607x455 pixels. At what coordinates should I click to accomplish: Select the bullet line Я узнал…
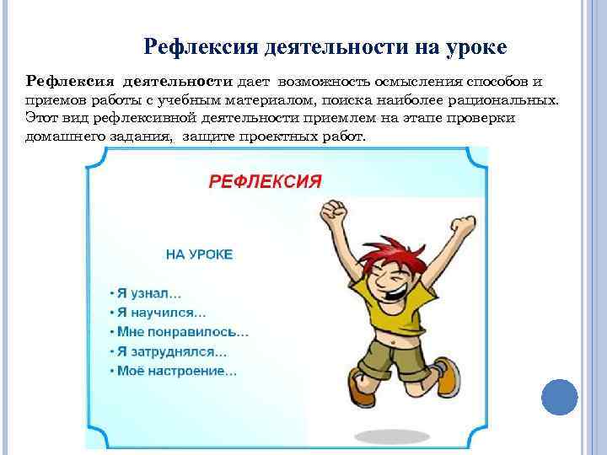point(146,293)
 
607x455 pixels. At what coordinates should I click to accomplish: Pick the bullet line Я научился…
point(158,312)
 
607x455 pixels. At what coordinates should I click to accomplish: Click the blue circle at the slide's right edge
point(559,395)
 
